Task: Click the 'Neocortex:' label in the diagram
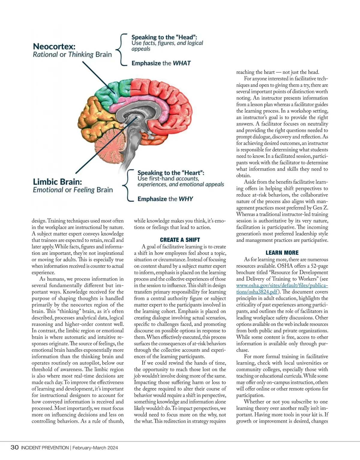point(54,46)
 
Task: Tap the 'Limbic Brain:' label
point(57,182)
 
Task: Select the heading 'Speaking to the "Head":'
point(164,37)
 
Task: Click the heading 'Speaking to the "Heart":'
point(171,173)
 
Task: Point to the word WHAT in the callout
point(182,63)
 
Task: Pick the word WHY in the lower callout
point(186,199)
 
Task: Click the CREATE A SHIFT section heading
point(180,240)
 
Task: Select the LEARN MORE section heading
point(282,253)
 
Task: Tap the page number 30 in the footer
point(14,448)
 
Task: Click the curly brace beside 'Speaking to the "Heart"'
point(127,185)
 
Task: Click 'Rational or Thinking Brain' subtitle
point(72,55)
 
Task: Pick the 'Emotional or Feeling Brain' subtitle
point(73,190)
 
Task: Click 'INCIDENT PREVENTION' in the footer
point(45,448)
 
